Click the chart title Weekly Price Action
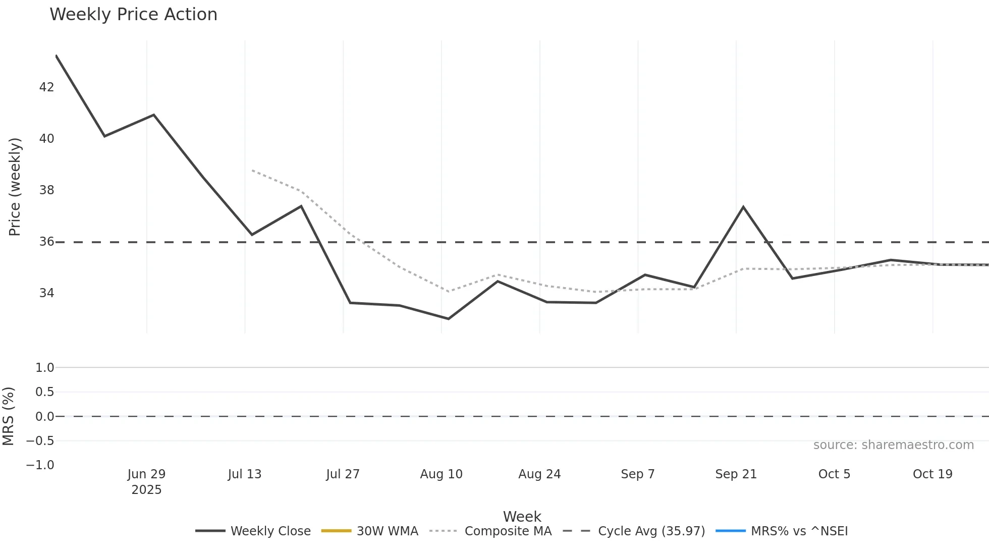click(133, 15)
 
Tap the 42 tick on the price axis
click(46, 87)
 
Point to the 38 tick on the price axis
click(46, 190)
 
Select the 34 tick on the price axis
click(46, 293)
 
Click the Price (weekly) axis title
click(15, 187)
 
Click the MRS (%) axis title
click(8, 416)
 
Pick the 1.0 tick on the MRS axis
click(44, 368)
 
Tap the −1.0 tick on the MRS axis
click(40, 465)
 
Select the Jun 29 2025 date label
click(146, 481)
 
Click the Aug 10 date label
click(441, 474)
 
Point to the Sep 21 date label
click(736, 474)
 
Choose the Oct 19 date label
click(932, 474)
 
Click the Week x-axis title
click(522, 517)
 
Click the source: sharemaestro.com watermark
click(893, 445)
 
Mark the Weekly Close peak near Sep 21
click(743, 207)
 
